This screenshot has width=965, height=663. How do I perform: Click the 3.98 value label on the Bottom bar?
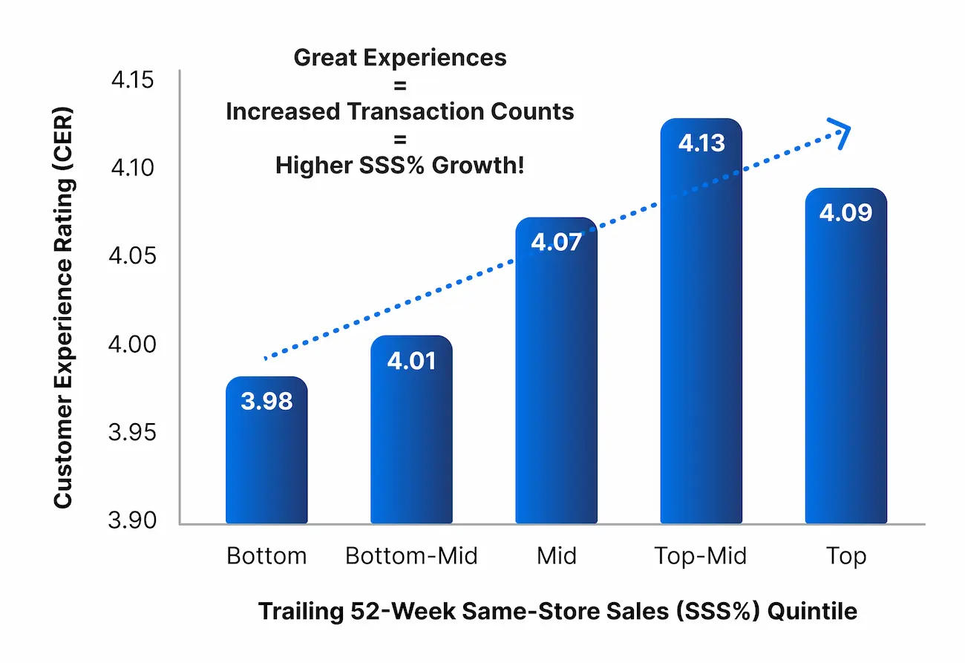(266, 401)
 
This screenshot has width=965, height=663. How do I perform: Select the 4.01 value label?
(411, 361)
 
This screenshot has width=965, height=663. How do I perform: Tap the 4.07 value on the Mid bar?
(556, 242)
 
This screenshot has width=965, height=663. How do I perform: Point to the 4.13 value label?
(701, 143)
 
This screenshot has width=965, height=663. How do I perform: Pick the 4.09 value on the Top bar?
(845, 212)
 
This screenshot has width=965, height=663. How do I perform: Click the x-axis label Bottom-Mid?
(411, 555)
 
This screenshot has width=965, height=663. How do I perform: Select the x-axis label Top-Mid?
(701, 555)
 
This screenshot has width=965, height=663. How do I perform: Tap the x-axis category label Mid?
(556, 555)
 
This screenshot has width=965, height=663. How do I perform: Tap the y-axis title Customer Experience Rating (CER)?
(64, 308)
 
